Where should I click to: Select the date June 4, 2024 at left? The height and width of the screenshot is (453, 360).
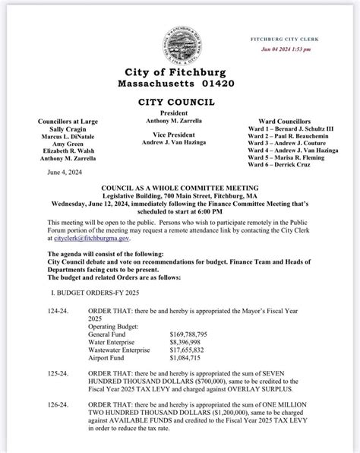[x=63, y=173]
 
